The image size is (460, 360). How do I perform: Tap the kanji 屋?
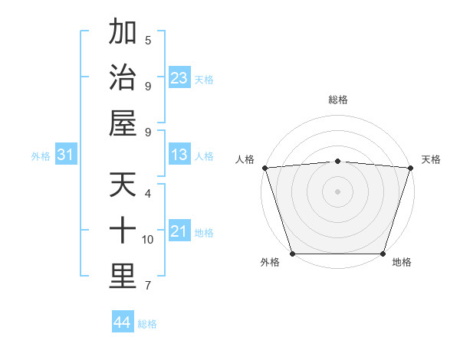(123, 123)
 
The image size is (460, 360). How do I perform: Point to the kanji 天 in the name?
(123, 185)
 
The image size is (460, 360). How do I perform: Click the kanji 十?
(123, 231)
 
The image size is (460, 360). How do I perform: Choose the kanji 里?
(123, 277)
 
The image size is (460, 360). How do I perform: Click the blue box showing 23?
(179, 78)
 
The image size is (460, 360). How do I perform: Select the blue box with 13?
(179, 155)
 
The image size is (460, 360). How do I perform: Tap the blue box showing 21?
(179, 232)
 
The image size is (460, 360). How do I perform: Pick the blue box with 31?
(65, 155)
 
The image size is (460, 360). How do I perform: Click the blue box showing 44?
(122, 323)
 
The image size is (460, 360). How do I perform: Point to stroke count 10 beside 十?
(148, 240)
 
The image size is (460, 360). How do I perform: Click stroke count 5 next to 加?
(148, 40)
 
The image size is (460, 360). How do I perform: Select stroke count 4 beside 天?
(148, 193)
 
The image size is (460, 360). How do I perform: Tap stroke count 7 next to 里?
(148, 286)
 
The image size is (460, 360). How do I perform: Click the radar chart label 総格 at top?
(337, 100)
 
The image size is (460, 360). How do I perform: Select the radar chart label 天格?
(431, 159)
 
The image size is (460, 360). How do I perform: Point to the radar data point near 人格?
(264, 168)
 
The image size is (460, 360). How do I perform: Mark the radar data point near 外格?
(293, 253)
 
